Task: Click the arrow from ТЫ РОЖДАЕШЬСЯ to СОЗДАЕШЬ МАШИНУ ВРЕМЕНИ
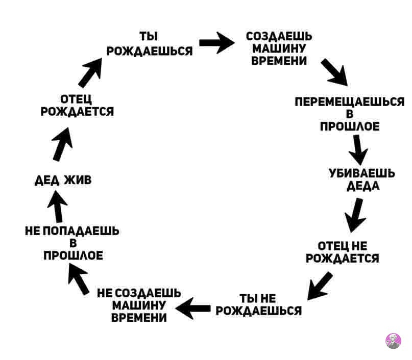tap(216, 43)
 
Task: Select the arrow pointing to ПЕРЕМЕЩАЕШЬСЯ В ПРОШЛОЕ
tap(334, 72)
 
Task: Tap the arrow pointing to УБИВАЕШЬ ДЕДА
tap(358, 149)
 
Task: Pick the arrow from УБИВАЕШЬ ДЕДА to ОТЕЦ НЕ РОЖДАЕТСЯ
tap(355, 214)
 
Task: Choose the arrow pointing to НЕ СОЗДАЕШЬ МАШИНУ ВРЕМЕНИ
tap(193, 308)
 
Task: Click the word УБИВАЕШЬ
tap(362, 174)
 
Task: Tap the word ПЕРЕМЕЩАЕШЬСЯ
tap(350, 102)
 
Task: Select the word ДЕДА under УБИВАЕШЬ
tap(363, 186)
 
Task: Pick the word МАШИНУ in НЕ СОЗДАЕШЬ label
tap(139, 305)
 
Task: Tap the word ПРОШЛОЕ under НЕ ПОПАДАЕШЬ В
tap(74, 255)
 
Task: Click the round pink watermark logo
tap(393, 341)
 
